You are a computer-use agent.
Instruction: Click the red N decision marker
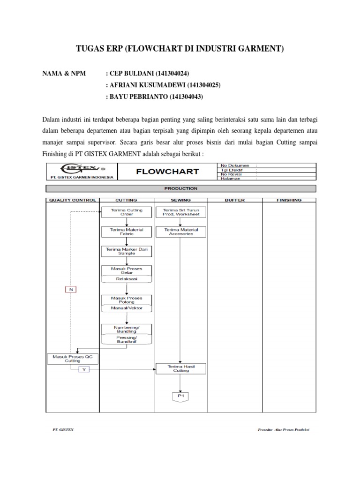click(71, 289)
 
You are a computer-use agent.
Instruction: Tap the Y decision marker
click(84, 369)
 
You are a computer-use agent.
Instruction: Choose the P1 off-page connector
click(180, 397)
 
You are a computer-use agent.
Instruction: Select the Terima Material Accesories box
click(180, 232)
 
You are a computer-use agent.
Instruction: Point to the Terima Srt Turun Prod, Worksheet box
click(180, 212)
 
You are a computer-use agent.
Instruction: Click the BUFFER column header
click(234, 200)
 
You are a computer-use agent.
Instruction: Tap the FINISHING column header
click(289, 200)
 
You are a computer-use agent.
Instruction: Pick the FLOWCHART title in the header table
click(167, 172)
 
